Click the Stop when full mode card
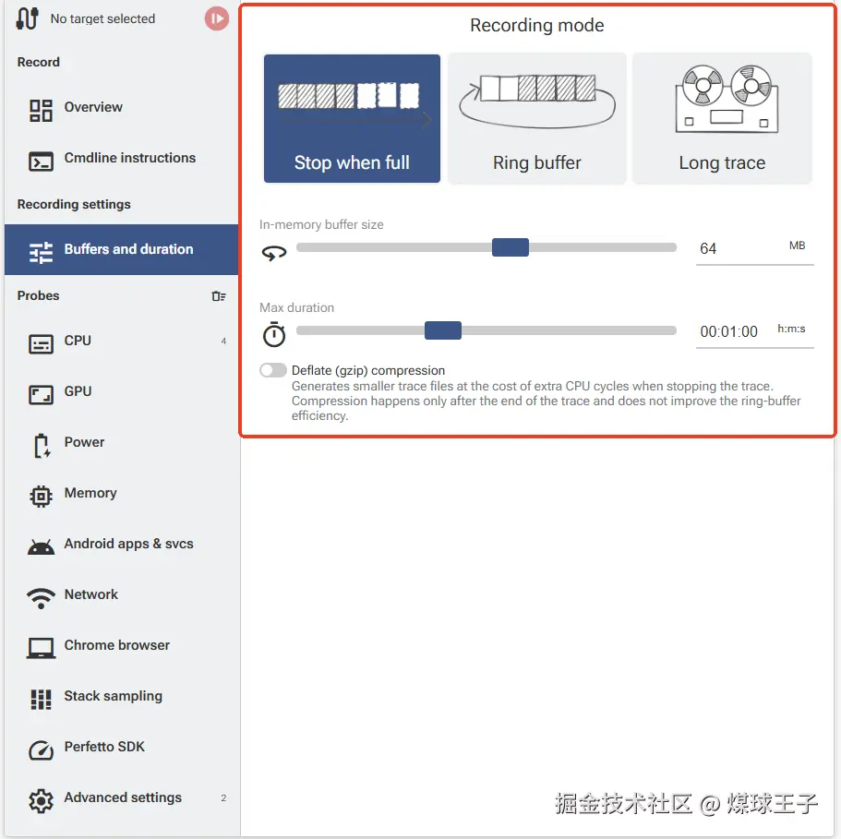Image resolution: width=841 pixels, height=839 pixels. coord(352,118)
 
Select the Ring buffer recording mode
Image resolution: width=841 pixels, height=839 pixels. coord(537,118)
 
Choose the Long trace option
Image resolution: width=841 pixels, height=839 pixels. coord(722,118)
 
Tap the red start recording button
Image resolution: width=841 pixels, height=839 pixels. coord(217,18)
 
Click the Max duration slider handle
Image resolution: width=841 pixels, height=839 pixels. coord(443,330)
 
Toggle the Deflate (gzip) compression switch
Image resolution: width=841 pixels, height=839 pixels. coord(273,370)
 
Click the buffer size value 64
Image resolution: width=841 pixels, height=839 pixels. coord(708,248)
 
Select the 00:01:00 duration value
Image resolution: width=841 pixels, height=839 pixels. coord(729,331)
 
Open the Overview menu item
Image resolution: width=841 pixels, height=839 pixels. coord(93,107)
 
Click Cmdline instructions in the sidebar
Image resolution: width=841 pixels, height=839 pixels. coord(130,158)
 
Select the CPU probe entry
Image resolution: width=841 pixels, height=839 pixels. coord(78,341)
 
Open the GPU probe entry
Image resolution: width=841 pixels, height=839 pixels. coord(78,392)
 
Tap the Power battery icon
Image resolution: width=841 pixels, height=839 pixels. coord(42,446)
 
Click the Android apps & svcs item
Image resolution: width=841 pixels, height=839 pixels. coord(128,544)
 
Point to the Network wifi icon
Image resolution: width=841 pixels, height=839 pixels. coord(41,598)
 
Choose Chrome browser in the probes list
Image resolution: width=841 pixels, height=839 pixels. coord(117,645)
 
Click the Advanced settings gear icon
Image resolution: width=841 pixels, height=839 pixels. coord(41,801)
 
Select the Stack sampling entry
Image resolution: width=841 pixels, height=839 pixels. coord(114,696)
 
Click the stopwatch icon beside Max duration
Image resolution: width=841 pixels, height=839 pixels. coord(274,334)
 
